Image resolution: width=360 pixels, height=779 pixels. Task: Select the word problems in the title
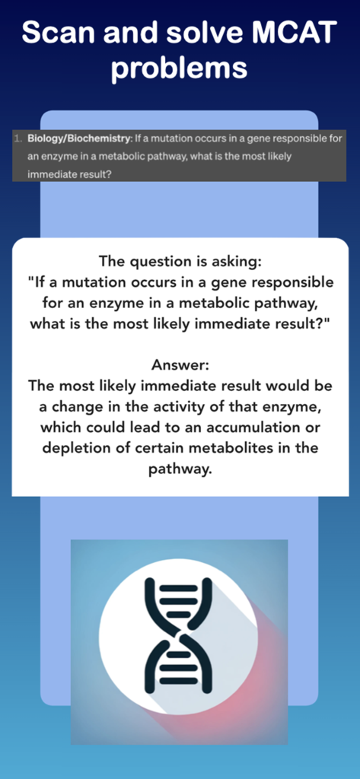pyautogui.click(x=180, y=68)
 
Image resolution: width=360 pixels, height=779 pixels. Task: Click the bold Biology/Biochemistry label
pyautogui.click(x=75, y=139)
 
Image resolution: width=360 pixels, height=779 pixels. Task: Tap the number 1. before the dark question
pyautogui.click(x=18, y=139)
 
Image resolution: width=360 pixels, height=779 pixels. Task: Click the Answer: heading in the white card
pyautogui.click(x=180, y=364)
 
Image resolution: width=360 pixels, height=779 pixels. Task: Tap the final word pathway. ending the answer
pyautogui.click(x=180, y=469)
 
